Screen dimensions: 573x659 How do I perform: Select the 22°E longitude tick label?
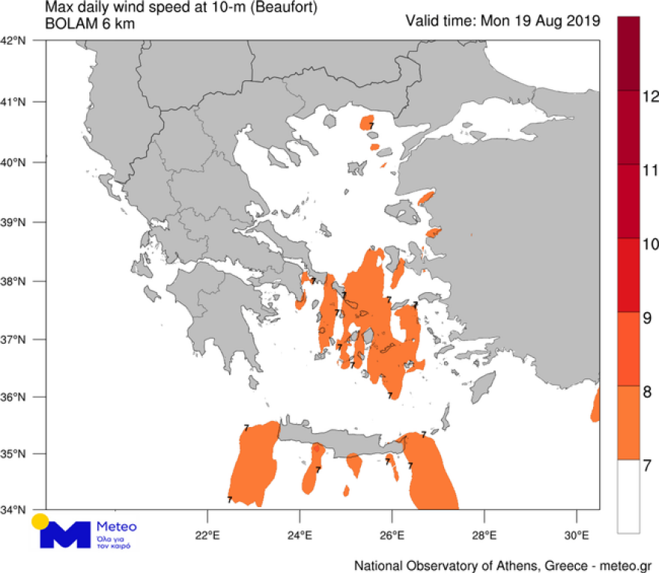click(x=207, y=536)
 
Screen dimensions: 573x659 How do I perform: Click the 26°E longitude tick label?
click(x=392, y=536)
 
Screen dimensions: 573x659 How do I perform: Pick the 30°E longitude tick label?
click(x=577, y=536)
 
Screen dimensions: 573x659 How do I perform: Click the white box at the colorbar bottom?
click(x=628, y=496)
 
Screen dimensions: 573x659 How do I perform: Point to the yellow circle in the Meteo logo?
click(x=40, y=521)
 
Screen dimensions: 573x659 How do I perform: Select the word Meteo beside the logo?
click(x=118, y=527)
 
